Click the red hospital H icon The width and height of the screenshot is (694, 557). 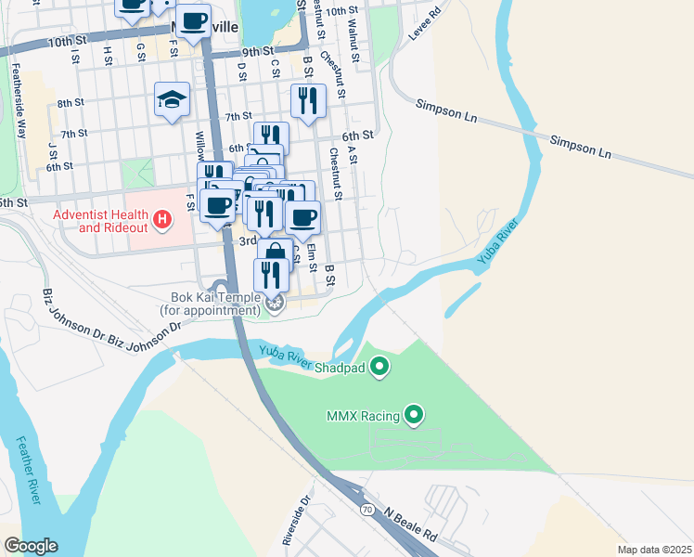click(x=163, y=220)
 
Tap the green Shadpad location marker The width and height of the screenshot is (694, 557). click(x=379, y=369)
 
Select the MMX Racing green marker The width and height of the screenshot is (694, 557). click(x=415, y=414)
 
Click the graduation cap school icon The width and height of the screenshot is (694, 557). click(x=172, y=99)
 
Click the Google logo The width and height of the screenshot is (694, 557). click(x=31, y=546)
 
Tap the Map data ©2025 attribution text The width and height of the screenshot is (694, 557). click(x=653, y=550)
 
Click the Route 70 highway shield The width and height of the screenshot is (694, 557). click(x=368, y=510)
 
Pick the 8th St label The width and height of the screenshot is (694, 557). click(x=70, y=104)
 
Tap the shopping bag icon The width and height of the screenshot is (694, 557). click(x=276, y=253)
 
